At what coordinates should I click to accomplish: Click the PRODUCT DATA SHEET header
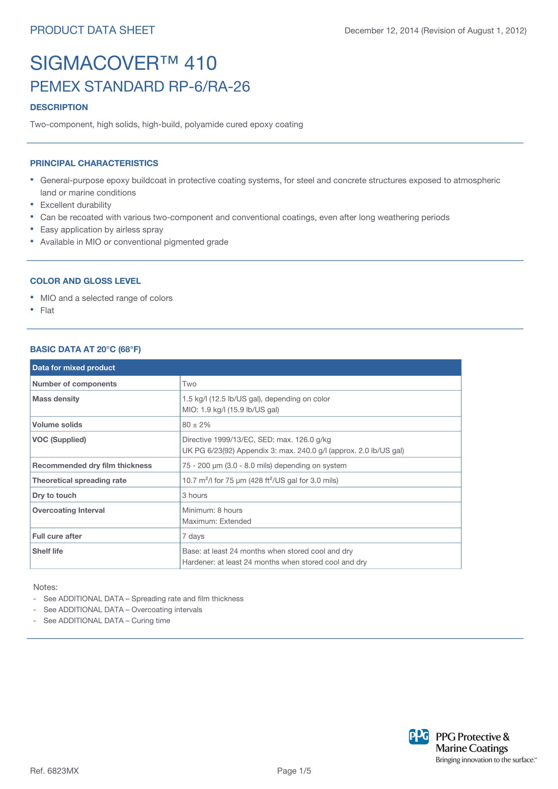tap(92, 30)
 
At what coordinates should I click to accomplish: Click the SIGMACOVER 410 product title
tap(123, 63)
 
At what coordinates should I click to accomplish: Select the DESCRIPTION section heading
tap(59, 107)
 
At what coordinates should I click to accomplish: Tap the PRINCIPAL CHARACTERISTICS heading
tap(94, 163)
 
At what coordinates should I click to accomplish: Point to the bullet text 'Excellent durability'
tap(76, 205)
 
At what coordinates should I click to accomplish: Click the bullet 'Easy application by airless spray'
tap(101, 230)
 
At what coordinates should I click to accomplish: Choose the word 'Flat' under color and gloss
tap(47, 310)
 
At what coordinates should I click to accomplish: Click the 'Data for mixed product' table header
tap(74, 368)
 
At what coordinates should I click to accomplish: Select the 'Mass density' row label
tap(56, 399)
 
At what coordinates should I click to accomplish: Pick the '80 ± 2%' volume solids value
tap(196, 425)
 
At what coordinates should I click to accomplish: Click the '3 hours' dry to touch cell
tap(194, 495)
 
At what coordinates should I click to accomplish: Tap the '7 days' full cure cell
tap(193, 536)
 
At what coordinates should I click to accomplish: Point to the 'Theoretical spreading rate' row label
tap(79, 480)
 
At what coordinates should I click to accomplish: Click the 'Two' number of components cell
tap(189, 384)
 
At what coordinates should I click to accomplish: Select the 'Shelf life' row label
tap(48, 551)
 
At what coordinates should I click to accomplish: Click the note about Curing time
tap(107, 621)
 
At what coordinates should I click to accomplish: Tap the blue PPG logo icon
tap(418, 736)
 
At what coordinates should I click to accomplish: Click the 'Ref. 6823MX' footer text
tap(54, 771)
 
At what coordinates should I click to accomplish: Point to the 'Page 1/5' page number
tap(294, 771)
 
